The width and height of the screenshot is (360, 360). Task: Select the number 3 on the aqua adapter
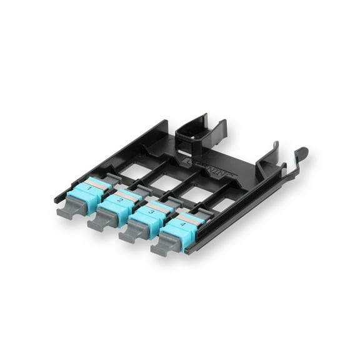pos(150,212)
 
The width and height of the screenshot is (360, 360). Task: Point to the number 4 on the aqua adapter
pos(182,223)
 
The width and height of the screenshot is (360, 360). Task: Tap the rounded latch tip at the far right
pos(302,152)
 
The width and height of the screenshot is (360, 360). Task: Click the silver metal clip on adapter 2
pos(130,195)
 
